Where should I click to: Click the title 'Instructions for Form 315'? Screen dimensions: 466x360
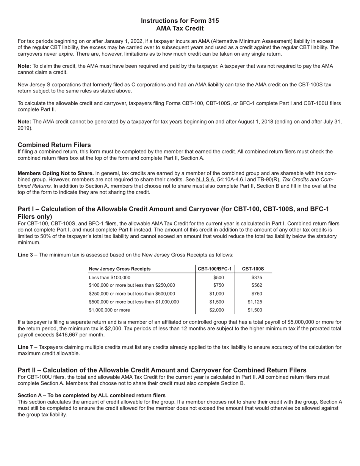(180, 21)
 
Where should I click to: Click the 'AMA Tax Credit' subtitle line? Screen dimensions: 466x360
(180, 29)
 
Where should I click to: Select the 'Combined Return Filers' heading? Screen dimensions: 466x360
(54, 145)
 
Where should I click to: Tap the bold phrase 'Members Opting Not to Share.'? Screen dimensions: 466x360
(56, 174)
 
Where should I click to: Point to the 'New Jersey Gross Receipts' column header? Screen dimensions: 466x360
(120, 269)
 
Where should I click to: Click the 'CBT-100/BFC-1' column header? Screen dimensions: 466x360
(215, 269)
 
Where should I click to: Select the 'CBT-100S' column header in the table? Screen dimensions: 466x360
(253, 269)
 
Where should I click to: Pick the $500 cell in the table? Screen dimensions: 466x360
(219, 278)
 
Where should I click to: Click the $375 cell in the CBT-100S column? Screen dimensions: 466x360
(257, 278)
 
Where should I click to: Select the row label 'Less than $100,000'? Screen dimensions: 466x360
(110, 278)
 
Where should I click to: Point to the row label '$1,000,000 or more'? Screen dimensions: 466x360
(110, 310)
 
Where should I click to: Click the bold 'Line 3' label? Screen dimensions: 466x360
(25, 255)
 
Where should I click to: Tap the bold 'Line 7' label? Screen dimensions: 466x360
(25, 347)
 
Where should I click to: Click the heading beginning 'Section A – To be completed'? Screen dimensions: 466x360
(91, 396)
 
